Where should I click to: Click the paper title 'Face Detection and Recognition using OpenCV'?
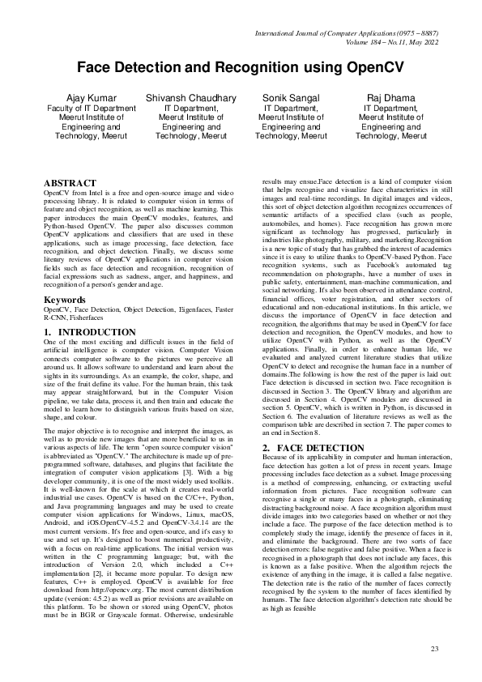coord(241,68)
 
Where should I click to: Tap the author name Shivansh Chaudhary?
coord(191,97)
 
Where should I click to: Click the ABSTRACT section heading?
coord(70,184)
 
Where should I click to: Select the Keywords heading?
coord(65,277)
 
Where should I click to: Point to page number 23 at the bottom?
coord(434,650)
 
